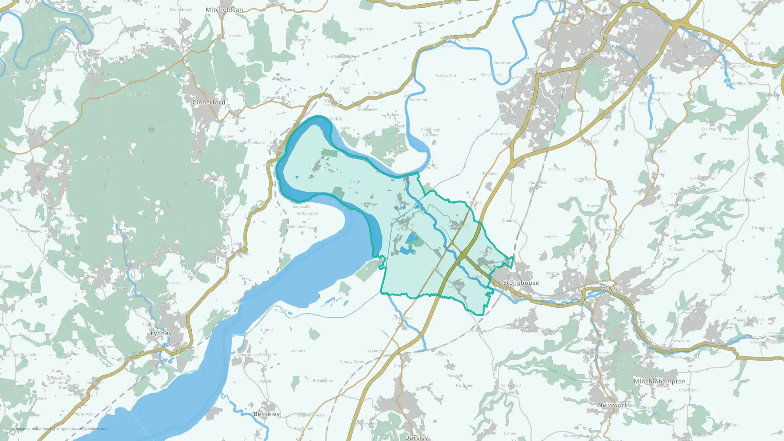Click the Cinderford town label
[209, 102]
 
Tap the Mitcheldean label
[224, 9]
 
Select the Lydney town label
[161, 333]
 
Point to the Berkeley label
[267, 414]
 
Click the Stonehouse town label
[521, 283]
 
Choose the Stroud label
[612, 288]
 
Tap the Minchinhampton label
[660, 381]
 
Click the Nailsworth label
[614, 405]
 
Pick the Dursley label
[416, 437]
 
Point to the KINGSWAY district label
[535, 107]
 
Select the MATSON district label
[620, 78]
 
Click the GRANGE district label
[557, 92]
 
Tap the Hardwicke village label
[500, 134]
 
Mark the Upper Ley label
[364, 29]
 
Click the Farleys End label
[446, 76]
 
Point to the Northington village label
[307, 214]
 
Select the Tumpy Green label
[352, 362]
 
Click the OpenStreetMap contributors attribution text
[82, 429]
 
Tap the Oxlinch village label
[551, 237]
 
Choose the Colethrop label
[557, 169]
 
